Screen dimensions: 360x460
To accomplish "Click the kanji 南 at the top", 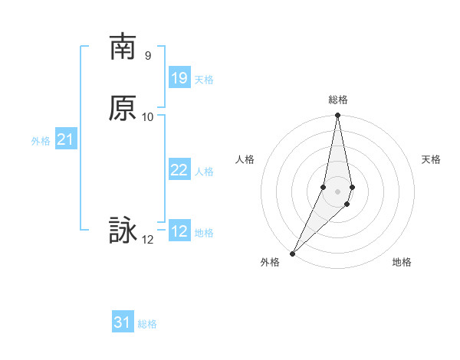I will point(123,47).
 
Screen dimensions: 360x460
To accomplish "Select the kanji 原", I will point(123,108).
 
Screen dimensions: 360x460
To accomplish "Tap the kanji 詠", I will point(123,231).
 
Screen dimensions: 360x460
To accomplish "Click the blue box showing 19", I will point(179,78).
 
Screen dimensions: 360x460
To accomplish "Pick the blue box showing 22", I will point(179,170).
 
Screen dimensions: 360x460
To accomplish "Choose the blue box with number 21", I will point(65,139).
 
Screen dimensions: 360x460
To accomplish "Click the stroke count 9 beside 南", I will point(148,56).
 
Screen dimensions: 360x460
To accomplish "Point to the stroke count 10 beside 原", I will point(148,117).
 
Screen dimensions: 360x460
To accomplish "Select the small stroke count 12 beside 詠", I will point(148,240).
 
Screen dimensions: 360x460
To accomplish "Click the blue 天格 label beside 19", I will point(204,80).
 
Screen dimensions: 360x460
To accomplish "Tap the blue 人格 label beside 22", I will point(204,172).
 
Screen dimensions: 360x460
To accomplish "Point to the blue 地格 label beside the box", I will point(204,233).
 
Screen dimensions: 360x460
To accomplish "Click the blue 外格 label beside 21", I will point(41,141).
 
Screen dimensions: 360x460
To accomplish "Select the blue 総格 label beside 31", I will point(147,324).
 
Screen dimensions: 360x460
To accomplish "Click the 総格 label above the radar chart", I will point(338,100).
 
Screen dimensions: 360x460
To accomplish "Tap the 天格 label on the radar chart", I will point(431,159).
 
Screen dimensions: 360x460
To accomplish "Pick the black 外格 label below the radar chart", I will point(270,262).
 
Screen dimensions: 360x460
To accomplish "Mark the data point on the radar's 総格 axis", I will point(338,116).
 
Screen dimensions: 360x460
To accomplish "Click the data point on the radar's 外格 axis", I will point(292,253).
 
